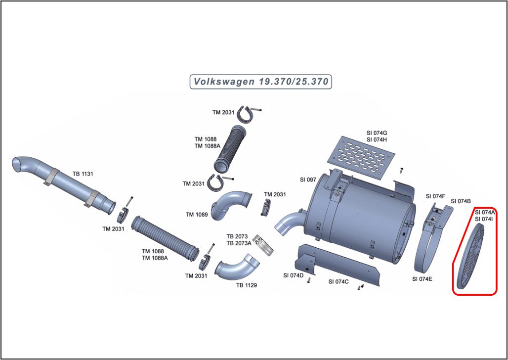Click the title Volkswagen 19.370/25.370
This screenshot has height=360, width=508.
(260, 82)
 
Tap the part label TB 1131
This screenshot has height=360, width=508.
(83, 174)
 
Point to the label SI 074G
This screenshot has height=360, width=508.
(377, 133)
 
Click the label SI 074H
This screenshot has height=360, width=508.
(377, 139)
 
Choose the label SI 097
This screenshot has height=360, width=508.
(308, 180)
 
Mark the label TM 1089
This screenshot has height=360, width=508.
(196, 215)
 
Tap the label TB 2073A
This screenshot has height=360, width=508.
(239, 243)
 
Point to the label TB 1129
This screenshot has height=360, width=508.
(246, 285)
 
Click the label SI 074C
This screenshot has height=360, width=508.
(339, 281)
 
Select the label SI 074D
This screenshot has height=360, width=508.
(293, 275)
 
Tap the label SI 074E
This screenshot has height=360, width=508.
(422, 279)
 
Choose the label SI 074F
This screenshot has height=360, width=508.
(435, 196)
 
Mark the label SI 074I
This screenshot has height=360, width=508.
(483, 219)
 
